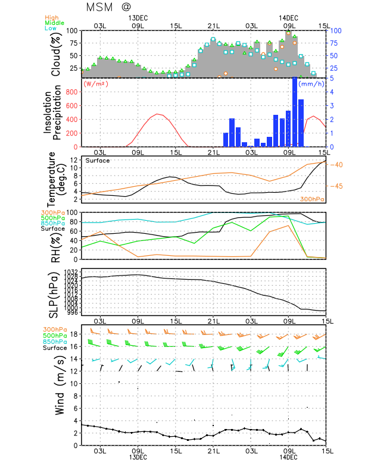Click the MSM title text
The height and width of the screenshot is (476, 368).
(99, 8)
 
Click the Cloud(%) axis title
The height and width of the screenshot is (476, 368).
(57, 54)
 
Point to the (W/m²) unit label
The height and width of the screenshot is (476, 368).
(97, 83)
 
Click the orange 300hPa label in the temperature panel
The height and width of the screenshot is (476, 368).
(311, 199)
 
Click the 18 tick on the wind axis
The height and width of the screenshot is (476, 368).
(74, 334)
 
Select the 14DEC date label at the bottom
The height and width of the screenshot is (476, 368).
(288, 457)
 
